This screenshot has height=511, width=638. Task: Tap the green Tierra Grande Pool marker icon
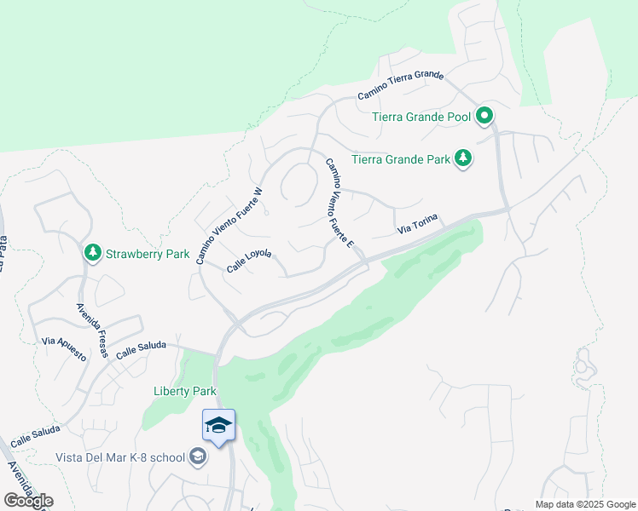(484, 115)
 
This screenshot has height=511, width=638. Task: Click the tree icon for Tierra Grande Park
(463, 158)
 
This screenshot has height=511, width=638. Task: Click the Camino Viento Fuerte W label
(229, 226)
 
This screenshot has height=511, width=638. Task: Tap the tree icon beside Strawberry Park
(93, 252)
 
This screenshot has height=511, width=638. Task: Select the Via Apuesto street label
(64, 347)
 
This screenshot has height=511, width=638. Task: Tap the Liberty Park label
(184, 391)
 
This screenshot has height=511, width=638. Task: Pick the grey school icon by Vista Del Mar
(198, 458)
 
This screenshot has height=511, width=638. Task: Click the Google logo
(28, 501)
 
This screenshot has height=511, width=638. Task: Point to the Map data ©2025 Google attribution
(585, 504)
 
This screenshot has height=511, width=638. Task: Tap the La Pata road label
(3, 255)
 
